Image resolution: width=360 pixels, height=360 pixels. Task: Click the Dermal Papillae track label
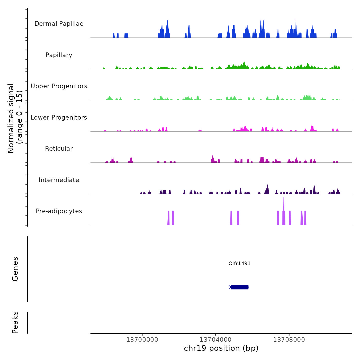pyautogui.click(x=59, y=24)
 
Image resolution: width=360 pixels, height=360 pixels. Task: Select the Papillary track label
pyautogui.click(x=59, y=55)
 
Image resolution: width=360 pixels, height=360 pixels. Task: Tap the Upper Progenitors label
pyautogui.click(x=59, y=86)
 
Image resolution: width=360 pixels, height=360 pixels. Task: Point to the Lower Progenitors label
pyautogui.click(x=59, y=118)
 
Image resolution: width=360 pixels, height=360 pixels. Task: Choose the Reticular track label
pyautogui.click(x=59, y=149)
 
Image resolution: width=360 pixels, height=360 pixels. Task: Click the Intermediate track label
pyautogui.click(x=59, y=180)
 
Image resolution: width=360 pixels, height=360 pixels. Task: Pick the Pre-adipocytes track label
pyautogui.click(x=59, y=211)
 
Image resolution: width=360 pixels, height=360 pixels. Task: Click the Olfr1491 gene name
pyautogui.click(x=239, y=263)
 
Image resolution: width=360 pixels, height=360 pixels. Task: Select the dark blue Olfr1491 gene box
pyautogui.click(x=240, y=287)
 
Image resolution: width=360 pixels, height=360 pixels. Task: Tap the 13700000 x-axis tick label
pyautogui.click(x=142, y=340)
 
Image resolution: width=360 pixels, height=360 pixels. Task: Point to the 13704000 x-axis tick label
pyautogui.click(x=215, y=340)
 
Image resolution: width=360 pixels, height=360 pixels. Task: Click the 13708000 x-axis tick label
pyautogui.click(x=289, y=340)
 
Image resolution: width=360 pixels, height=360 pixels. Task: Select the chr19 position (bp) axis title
pyautogui.click(x=221, y=348)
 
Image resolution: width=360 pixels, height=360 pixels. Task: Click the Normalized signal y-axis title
pyautogui.click(x=15, y=118)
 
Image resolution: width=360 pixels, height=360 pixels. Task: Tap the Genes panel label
pyautogui.click(x=15, y=269)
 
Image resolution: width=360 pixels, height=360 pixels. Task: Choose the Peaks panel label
pyautogui.click(x=15, y=322)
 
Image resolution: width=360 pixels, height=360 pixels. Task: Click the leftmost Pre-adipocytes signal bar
pyautogui.click(x=168, y=218)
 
